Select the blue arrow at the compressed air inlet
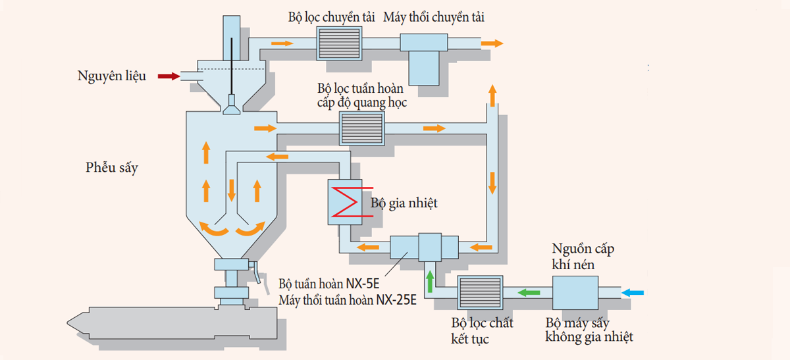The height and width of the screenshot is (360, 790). [x=635, y=292]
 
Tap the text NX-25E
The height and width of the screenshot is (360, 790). [x=397, y=301]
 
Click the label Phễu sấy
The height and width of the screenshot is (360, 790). [x=112, y=168]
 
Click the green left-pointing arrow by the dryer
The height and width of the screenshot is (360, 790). [x=528, y=292]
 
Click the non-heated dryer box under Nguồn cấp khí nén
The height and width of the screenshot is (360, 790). [x=574, y=292]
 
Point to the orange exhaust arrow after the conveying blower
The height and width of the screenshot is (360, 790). [x=492, y=43]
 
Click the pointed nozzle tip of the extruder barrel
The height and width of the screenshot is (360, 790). [x=72, y=322]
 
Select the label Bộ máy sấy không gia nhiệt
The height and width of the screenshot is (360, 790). [x=589, y=330]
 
